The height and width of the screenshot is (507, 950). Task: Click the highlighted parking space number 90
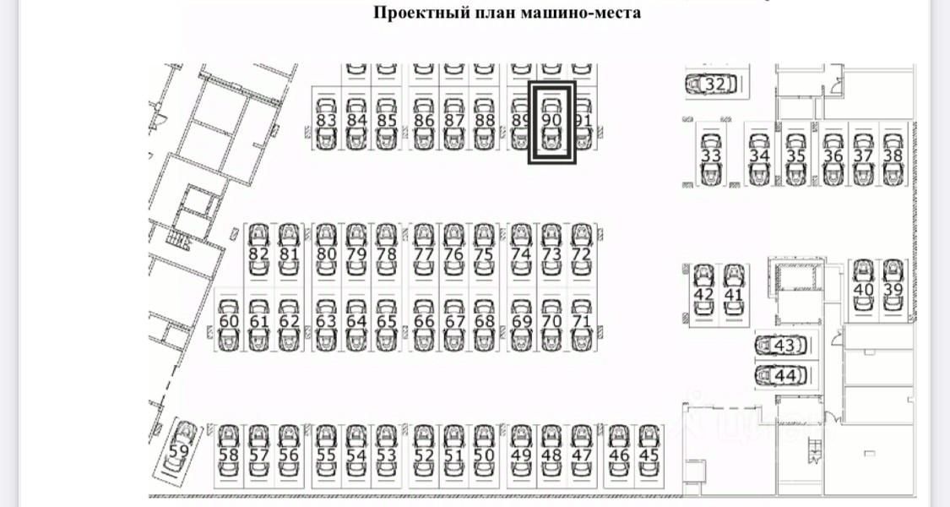[x=551, y=121]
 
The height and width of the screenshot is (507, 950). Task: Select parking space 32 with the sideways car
[x=713, y=84]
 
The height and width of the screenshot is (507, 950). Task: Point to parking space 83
[x=327, y=121]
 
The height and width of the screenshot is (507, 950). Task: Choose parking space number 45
[x=649, y=455]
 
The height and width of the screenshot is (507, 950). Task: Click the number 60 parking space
[x=229, y=321]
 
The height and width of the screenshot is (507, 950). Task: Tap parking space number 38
[x=893, y=155]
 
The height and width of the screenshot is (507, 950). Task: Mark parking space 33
[x=711, y=156]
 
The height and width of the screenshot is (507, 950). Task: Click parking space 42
[x=703, y=294]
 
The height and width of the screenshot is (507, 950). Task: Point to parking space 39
[x=893, y=289]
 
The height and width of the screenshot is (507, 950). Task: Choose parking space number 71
[x=581, y=321]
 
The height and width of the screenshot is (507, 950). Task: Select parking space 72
[x=581, y=253]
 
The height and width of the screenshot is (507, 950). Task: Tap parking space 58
[x=229, y=455]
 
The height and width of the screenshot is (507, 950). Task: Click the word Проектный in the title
[x=410, y=13]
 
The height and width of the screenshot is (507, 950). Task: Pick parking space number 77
[x=425, y=253]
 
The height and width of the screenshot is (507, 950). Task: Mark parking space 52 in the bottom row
[x=425, y=455]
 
